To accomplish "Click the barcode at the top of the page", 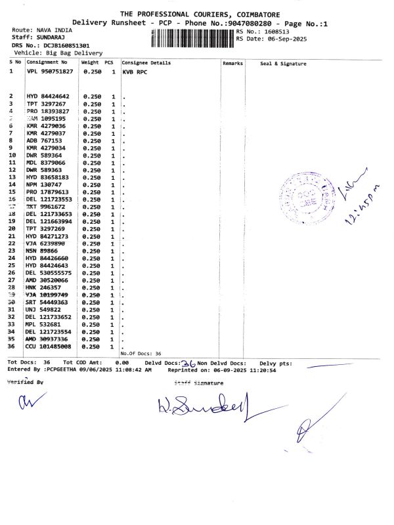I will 192,37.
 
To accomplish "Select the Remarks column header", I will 233,63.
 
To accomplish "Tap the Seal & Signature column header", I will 283,64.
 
